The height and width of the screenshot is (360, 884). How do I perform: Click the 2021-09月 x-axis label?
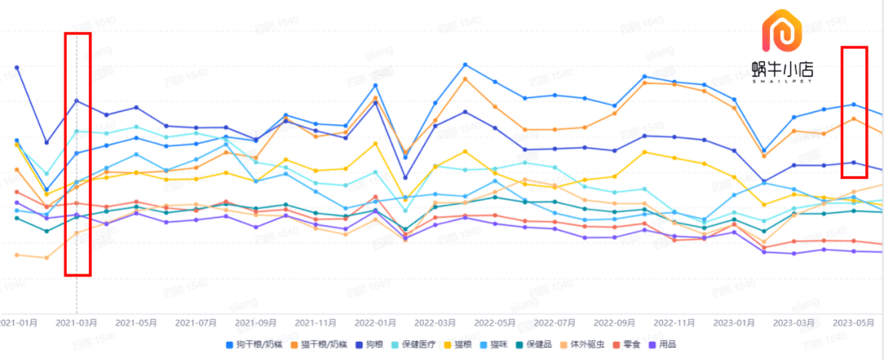tap(255, 322)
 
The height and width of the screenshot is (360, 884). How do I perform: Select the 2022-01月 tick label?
tap(375, 322)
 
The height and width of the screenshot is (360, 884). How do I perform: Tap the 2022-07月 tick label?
tap(554, 322)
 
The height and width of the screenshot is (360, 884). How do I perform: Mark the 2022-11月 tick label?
tap(674, 322)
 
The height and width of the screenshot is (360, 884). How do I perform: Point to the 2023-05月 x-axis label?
tap(853, 322)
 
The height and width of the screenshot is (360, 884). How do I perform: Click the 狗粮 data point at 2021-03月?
tap(77, 101)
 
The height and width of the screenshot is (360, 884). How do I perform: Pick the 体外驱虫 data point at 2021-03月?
tap(77, 233)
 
